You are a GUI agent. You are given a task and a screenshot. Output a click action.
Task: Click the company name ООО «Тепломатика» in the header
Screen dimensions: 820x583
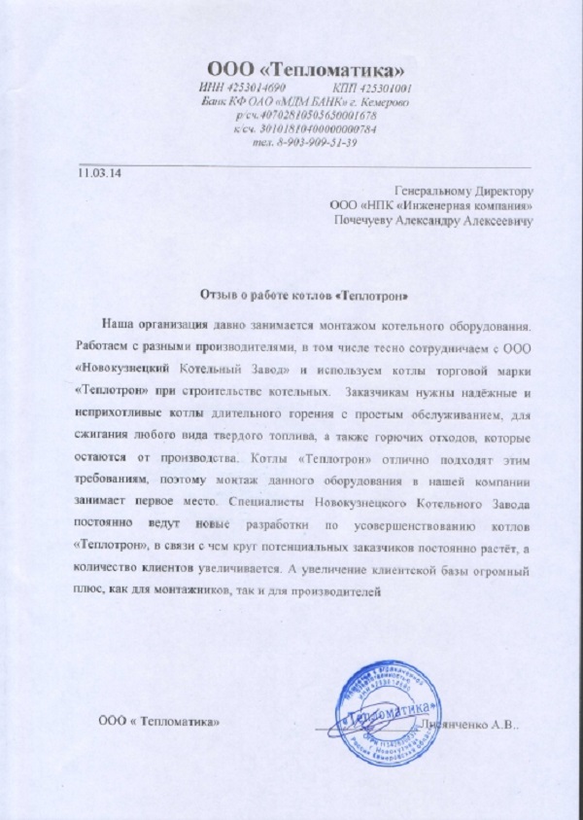click(306, 68)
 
